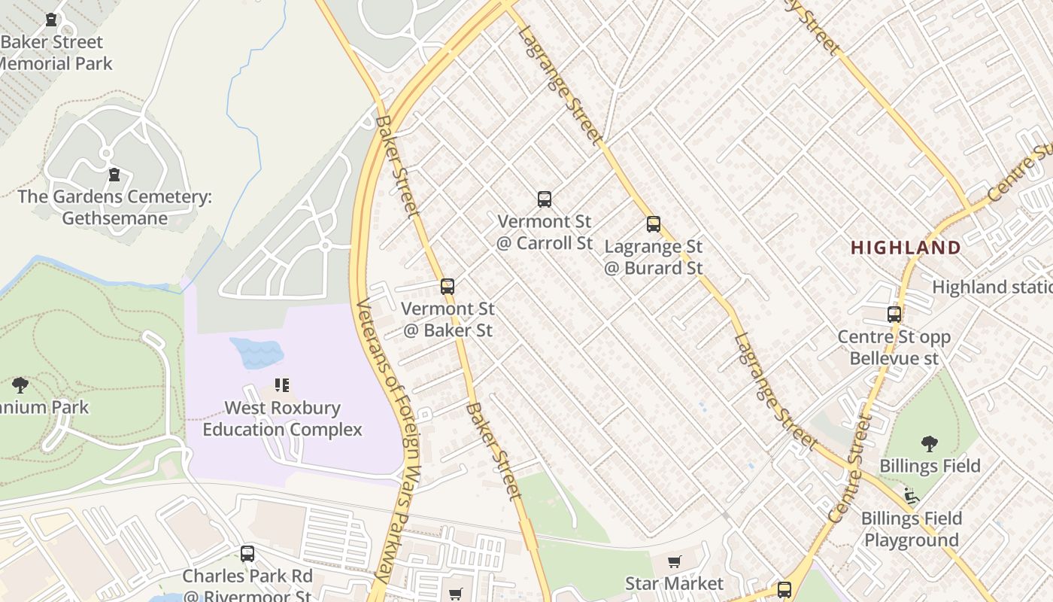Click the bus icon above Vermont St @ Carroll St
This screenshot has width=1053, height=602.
pos(545,199)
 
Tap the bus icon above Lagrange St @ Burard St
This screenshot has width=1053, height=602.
pos(654,223)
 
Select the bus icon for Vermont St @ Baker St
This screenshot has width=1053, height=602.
pos(448,287)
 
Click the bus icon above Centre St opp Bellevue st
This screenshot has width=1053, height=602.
pos(894,315)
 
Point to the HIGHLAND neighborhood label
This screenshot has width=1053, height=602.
pos(906,248)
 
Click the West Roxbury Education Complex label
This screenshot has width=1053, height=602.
pos(282,419)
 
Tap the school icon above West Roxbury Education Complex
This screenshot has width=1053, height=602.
pos(282,386)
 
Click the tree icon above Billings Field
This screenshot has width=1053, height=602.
pos(930,444)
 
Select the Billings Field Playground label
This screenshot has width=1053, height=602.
pos(911,529)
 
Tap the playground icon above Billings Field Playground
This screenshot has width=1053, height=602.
pos(912,496)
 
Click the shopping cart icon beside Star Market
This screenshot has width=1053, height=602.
pos(675,562)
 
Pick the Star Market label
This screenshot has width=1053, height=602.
pos(674,583)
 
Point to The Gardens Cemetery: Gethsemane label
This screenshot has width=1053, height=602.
pos(114,208)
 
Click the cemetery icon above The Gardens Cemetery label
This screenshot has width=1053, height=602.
pos(114,175)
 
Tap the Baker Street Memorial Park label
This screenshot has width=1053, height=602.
pos(53,53)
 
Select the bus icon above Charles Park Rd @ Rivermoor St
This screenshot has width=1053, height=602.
pos(247,555)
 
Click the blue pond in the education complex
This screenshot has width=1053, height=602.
pos(256,352)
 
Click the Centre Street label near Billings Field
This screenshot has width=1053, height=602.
pos(851,470)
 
